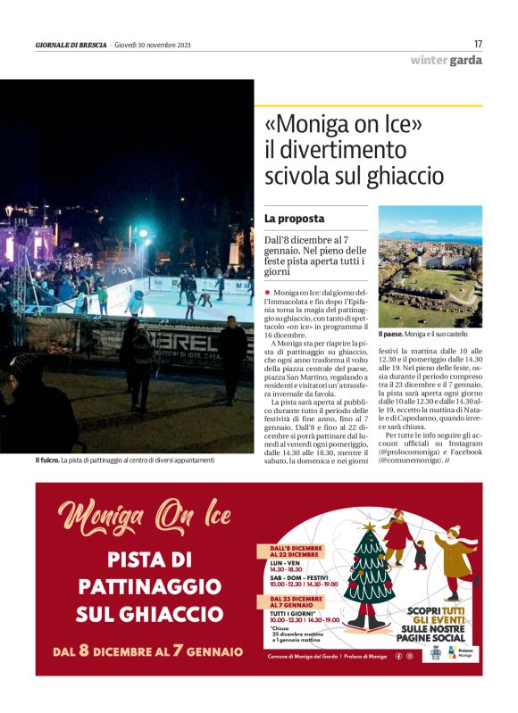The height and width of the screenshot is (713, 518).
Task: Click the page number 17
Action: [478, 44]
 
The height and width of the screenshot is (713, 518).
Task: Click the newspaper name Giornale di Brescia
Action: [71, 45]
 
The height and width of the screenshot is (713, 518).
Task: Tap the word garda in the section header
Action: [466, 61]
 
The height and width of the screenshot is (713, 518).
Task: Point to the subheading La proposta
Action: [294, 218]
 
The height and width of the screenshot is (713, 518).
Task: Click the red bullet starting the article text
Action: [267, 293]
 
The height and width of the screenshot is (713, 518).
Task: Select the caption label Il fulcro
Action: [47, 460]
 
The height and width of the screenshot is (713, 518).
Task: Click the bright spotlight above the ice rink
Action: [143, 235]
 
